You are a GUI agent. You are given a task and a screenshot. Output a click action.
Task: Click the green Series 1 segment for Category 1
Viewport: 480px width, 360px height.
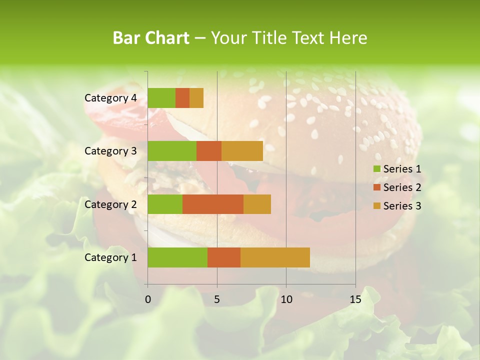pyautogui.click(x=177, y=257)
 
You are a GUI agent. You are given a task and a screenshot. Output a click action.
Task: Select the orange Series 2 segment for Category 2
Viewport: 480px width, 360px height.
pyautogui.click(x=213, y=204)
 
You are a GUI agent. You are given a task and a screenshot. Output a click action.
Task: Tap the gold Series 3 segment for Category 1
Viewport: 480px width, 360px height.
pyautogui.click(x=275, y=257)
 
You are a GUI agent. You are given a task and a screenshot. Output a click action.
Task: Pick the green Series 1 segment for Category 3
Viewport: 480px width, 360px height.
pyautogui.click(x=172, y=151)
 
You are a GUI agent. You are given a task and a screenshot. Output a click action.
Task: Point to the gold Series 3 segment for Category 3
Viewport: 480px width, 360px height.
pyautogui.click(x=242, y=151)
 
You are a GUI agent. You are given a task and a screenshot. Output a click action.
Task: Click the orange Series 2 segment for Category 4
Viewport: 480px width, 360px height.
pyautogui.click(x=182, y=98)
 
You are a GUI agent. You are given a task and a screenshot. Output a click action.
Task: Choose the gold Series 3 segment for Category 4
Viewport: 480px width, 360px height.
pyautogui.click(x=196, y=98)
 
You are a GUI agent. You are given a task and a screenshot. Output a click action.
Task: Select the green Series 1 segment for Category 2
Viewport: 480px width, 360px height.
pyautogui.click(x=165, y=204)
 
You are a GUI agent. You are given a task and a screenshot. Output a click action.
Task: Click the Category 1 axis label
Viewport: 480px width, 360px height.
pyautogui.click(x=110, y=257)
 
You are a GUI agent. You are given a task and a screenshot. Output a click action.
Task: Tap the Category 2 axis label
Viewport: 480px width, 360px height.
pyautogui.click(x=110, y=204)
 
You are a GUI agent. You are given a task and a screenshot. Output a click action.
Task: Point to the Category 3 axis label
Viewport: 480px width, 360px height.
pyautogui.click(x=110, y=151)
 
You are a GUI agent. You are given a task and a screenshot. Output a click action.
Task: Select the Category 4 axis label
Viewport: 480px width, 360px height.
pyautogui.click(x=110, y=98)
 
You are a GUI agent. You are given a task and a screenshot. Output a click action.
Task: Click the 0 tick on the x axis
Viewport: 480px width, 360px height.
pyautogui.click(x=148, y=299)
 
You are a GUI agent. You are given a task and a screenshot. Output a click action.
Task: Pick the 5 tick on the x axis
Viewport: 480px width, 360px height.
pyautogui.click(x=217, y=299)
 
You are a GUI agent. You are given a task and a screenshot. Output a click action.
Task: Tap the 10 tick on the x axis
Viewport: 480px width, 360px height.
pyautogui.click(x=286, y=299)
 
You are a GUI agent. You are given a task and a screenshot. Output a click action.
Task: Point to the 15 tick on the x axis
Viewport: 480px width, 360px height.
pyautogui.click(x=355, y=299)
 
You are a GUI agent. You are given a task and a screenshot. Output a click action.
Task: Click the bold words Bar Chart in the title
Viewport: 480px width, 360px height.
pyautogui.click(x=151, y=38)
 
